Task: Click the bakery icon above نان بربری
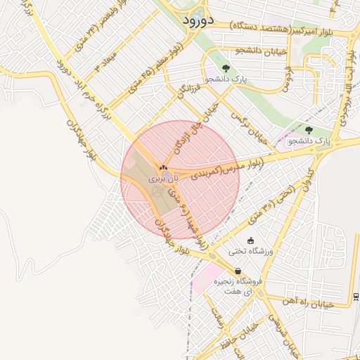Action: click(163, 167)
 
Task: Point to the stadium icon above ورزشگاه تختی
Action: click(251, 240)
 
